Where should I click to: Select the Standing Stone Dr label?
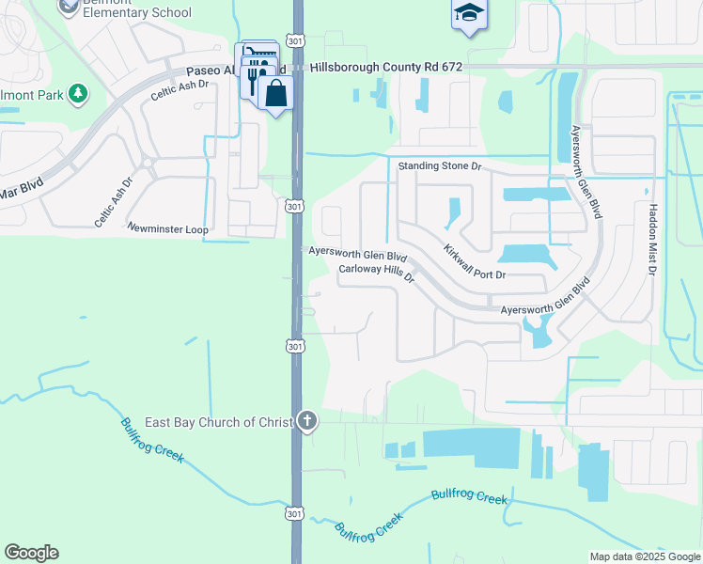(x=440, y=166)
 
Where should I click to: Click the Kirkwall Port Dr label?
(x=475, y=262)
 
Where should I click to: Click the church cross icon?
(x=306, y=421)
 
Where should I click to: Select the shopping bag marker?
(x=276, y=93)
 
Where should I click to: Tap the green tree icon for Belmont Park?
(x=77, y=93)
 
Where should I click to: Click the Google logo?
(x=31, y=553)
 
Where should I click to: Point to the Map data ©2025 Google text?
(x=644, y=556)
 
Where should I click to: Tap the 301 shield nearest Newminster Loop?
(x=295, y=206)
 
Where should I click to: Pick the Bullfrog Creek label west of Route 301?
(x=152, y=440)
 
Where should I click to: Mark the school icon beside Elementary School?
(x=68, y=8)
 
